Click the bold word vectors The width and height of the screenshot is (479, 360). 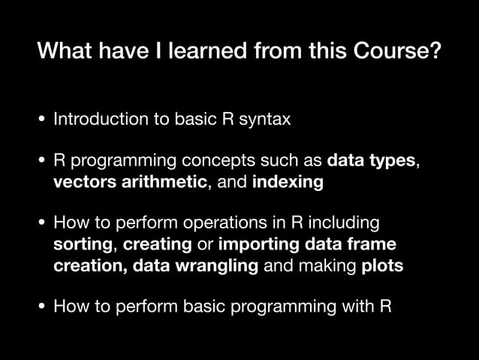pos(81,182)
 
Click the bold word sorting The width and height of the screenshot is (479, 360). pos(83,244)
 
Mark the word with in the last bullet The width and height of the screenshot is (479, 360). pos(359,307)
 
